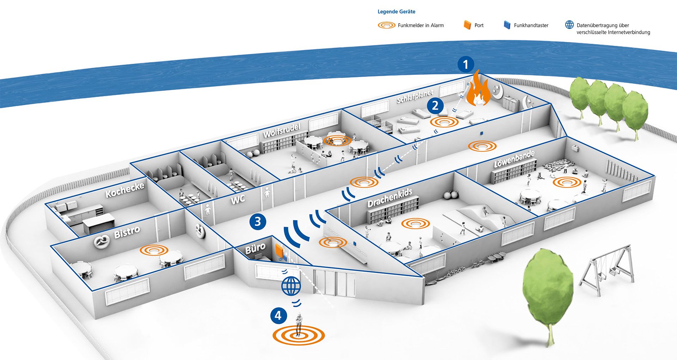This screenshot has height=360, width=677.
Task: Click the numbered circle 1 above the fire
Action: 466,64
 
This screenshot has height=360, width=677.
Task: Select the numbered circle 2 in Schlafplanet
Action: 435,105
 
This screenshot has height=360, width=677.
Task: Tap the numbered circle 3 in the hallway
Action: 258,221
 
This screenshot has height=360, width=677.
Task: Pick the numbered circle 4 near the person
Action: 279,315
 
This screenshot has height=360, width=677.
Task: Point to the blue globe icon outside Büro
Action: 291,286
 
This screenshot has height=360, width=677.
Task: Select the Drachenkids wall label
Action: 390,198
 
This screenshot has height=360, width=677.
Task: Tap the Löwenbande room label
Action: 514,159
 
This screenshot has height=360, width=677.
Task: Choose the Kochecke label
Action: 125,190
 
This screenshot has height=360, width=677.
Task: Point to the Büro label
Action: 255,248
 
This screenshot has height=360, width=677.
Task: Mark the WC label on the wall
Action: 238,200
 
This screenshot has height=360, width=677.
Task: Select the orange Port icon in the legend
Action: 467,25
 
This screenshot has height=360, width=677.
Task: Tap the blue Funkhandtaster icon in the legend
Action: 507,25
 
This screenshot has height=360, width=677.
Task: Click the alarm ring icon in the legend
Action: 386,25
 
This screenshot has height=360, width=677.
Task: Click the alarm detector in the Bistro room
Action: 154,250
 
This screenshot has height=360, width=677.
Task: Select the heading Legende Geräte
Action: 396,12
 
